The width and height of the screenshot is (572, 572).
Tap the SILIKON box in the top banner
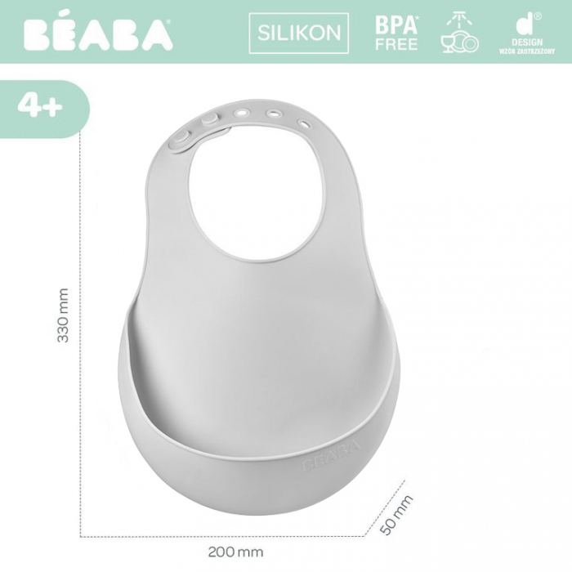(299, 34)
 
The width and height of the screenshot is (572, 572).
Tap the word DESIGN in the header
(527, 41)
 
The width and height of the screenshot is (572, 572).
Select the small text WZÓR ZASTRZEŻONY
(527, 51)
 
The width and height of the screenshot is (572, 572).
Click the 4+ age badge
(40, 107)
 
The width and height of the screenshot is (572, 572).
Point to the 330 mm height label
(63, 315)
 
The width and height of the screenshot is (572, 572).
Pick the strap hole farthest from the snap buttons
(304, 124)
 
